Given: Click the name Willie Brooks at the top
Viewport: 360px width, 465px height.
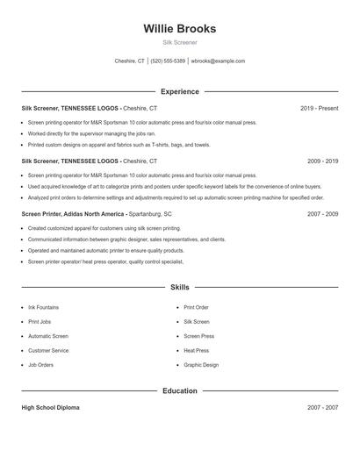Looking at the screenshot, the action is (179, 28).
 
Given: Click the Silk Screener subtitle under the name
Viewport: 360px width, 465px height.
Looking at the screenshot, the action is (179, 42).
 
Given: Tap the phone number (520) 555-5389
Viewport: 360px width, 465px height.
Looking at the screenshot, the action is (168, 61).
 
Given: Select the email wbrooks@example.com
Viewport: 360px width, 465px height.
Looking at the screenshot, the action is (218, 61).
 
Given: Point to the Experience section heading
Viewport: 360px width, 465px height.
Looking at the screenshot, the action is (179, 91).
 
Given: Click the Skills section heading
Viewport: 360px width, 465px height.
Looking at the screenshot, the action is (179, 287).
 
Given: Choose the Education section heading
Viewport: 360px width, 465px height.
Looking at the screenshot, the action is (179, 390).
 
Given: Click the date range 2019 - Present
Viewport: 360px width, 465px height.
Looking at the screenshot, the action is (319, 109).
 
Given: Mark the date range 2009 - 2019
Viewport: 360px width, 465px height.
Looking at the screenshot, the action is (322, 161).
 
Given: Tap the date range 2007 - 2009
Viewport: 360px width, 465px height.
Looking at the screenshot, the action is (322, 213).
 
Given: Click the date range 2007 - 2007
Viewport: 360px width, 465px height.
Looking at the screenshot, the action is (322, 408).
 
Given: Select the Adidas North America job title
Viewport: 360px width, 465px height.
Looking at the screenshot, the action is (75, 213).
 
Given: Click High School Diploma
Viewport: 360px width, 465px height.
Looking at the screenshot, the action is (52, 408).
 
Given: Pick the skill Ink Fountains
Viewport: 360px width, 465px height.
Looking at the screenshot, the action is (43, 308).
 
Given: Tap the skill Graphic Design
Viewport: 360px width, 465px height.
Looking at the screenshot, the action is (201, 364).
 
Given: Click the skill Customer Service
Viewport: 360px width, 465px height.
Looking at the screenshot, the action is (48, 350).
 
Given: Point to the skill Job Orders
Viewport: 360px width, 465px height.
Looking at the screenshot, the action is (40, 364).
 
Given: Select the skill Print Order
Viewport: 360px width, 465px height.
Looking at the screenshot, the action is (196, 308).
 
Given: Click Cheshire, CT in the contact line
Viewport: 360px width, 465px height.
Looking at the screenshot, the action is (130, 61).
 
